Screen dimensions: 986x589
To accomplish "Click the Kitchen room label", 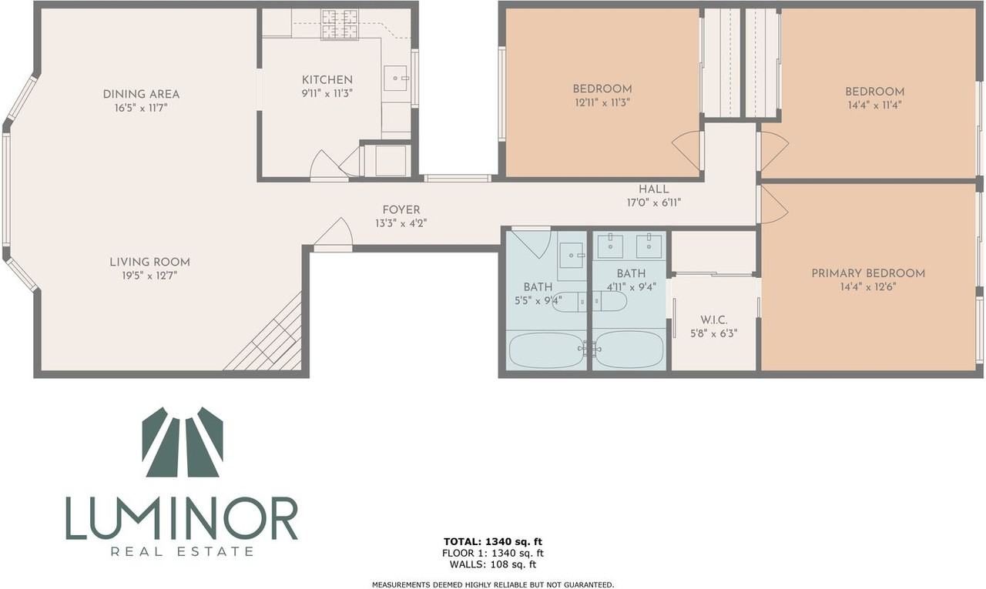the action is click(x=327, y=79).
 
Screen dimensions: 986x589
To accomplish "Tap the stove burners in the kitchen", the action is click(x=340, y=24).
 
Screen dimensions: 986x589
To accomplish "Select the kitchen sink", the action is click(x=395, y=79).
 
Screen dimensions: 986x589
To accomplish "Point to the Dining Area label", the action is click(x=141, y=94).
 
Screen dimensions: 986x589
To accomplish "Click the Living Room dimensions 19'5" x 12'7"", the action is click(x=149, y=276).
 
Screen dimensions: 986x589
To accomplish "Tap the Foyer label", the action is click(x=401, y=210).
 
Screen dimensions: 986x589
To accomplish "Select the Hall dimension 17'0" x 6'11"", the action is click(x=654, y=202).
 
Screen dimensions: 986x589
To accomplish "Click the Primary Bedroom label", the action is click(x=867, y=273).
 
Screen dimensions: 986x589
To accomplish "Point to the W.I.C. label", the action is click(x=713, y=320).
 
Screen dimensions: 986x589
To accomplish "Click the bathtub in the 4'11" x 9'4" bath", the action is click(x=629, y=350).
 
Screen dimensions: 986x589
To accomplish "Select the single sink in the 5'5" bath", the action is click(x=572, y=255).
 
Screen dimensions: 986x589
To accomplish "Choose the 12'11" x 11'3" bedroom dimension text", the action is click(x=602, y=102).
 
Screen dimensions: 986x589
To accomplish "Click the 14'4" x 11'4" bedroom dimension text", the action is click(x=874, y=105).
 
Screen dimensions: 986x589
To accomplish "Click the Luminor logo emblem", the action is click(x=183, y=442).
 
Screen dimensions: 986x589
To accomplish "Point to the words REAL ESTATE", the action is click(x=183, y=551).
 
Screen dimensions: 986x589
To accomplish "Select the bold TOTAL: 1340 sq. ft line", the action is click(x=492, y=541).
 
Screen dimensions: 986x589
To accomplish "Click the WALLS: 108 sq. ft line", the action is click(x=492, y=564).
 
